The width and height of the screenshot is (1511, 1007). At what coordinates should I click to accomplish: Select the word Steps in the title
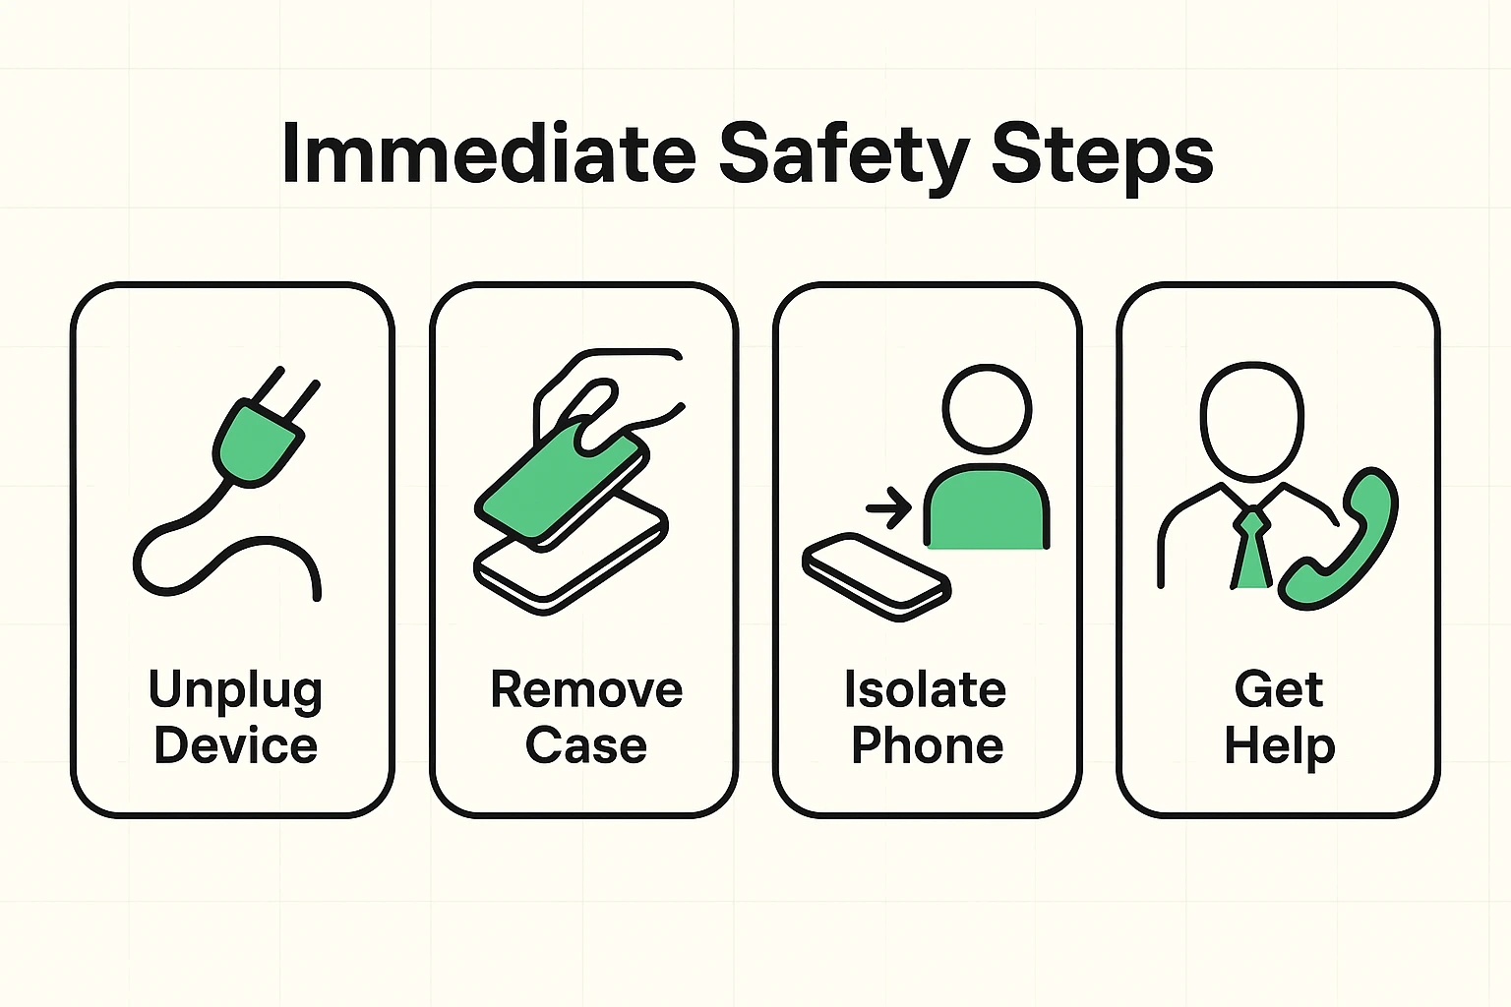[1102, 153]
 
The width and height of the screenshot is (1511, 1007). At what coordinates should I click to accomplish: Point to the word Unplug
[235, 691]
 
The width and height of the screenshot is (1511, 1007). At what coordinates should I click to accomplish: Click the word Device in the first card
[235, 745]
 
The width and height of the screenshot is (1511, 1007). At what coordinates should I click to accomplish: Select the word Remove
[586, 689]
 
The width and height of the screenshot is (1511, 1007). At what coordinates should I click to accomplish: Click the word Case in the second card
[586, 745]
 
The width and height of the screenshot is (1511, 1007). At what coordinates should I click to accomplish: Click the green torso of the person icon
[986, 511]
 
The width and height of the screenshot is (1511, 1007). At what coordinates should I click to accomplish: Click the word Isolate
[925, 689]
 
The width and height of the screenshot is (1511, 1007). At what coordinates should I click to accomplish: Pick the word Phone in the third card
[927, 745]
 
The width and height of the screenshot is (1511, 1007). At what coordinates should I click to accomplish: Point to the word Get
[1278, 689]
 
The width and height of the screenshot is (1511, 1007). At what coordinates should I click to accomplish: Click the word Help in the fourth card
[1279, 745]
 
